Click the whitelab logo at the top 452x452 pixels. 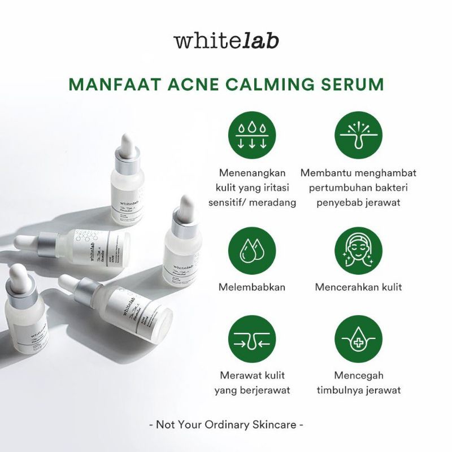pyautogui.click(x=226, y=42)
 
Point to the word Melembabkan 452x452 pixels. pyautogui.click(x=252, y=287)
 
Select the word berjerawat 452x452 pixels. pyautogui.click(x=263, y=390)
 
